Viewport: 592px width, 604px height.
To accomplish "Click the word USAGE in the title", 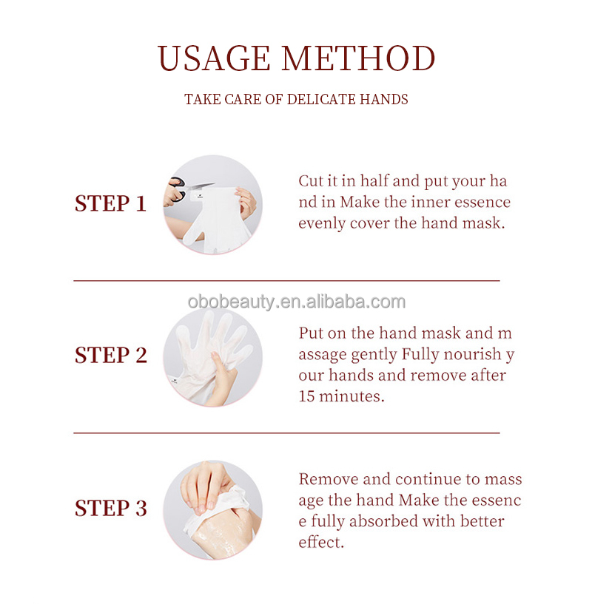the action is point(214,58).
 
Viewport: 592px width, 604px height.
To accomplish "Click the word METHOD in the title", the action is point(358,58).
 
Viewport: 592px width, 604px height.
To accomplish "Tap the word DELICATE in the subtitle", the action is point(321,99).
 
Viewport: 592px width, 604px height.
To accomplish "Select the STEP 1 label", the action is point(110,203).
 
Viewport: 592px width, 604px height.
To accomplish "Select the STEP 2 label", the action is point(111,355).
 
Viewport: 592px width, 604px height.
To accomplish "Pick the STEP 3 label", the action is point(111,508).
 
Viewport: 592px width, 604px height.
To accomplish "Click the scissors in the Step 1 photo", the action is point(185,189).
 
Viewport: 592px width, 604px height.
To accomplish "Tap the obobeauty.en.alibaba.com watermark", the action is point(297,302).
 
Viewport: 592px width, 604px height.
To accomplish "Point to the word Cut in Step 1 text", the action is point(311,181).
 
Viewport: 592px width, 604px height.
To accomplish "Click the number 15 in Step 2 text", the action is point(306,396).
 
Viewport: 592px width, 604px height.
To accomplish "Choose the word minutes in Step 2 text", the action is point(351,396).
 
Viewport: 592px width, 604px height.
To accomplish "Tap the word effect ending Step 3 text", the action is point(321,543).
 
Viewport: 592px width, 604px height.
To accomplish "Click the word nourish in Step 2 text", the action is point(472,354).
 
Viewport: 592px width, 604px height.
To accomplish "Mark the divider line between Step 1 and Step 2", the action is point(286,281).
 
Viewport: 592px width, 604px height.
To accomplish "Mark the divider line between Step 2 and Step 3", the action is point(286,432).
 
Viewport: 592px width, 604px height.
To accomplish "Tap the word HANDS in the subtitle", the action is point(384,99).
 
